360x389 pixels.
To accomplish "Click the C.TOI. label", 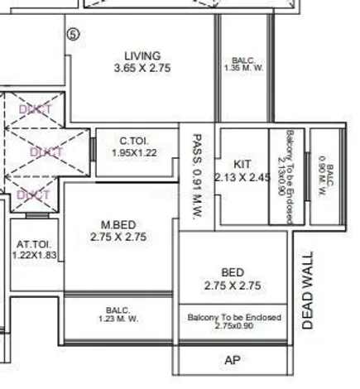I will coord(133,142).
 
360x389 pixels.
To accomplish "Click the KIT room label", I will coord(242,164).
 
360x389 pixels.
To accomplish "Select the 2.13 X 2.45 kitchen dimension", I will coord(242,177).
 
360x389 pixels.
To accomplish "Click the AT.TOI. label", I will coord(34,245).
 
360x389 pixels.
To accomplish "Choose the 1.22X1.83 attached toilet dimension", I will coord(34,257).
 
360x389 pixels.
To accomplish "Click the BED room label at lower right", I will coord(233,271).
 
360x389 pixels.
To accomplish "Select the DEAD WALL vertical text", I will coord(309,291).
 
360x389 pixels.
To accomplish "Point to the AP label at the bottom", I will coord(232,361).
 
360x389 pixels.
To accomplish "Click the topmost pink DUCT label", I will coord(36,109).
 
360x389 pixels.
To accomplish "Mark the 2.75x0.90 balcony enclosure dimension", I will coord(233,327).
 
